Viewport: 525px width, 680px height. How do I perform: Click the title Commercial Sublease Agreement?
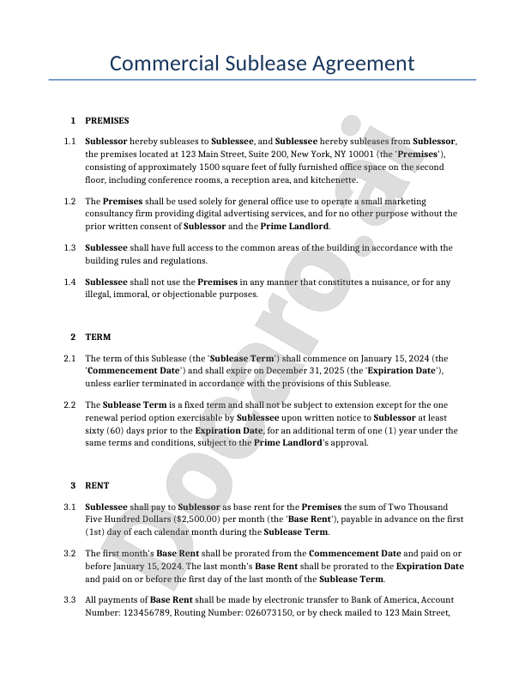pyautogui.click(x=262, y=64)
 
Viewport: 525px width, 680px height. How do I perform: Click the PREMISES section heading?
pyautogui.click(x=107, y=120)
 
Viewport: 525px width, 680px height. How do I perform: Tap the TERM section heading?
pyautogui.click(x=98, y=337)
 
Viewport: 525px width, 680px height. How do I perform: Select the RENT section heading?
pyautogui.click(x=97, y=485)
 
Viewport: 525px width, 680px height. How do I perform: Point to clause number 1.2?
pyautogui.click(x=70, y=201)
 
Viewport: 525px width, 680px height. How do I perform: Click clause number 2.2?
pyautogui.click(x=70, y=404)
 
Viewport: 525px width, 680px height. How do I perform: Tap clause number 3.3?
pyautogui.click(x=70, y=599)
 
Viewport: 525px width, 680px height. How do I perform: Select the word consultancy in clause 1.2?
pyautogui.click(x=112, y=214)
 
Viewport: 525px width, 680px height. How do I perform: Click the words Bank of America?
pyautogui.click(x=378, y=599)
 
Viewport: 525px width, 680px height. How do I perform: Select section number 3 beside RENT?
pyautogui.click(x=74, y=485)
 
